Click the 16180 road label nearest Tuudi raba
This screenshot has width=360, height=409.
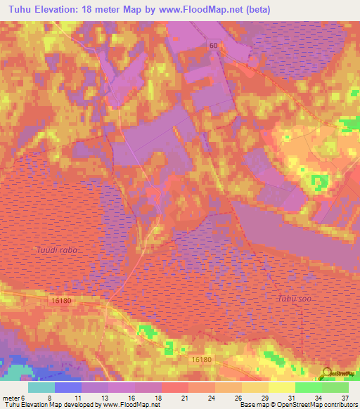(x=62, y=300)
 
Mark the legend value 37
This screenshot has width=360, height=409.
(x=345, y=397)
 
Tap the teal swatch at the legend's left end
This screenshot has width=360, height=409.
(x=41, y=387)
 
